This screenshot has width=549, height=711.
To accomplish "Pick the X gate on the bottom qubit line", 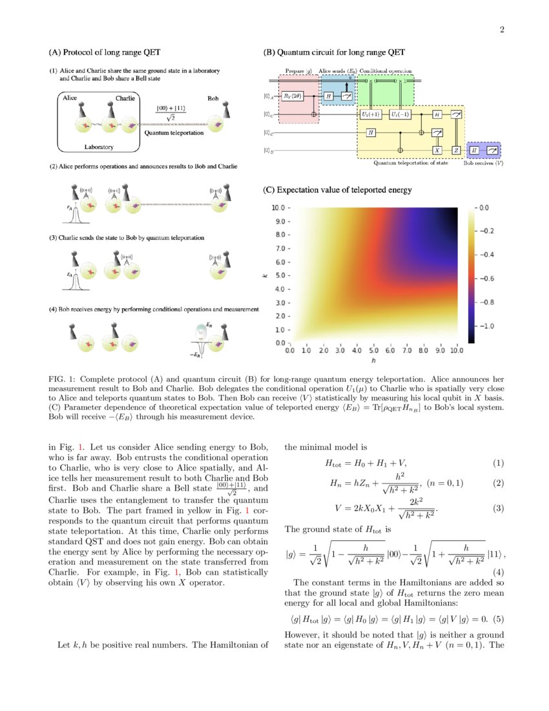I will coord(437,150).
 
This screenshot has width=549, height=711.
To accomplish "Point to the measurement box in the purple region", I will coord(493,150).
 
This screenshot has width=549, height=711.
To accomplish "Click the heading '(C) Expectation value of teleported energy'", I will coord(337,190).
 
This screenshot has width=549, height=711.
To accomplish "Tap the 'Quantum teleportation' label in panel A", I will coord(174,133).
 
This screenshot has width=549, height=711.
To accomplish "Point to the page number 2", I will coord(501,30).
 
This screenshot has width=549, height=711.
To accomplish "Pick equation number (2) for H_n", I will coord(498,483).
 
